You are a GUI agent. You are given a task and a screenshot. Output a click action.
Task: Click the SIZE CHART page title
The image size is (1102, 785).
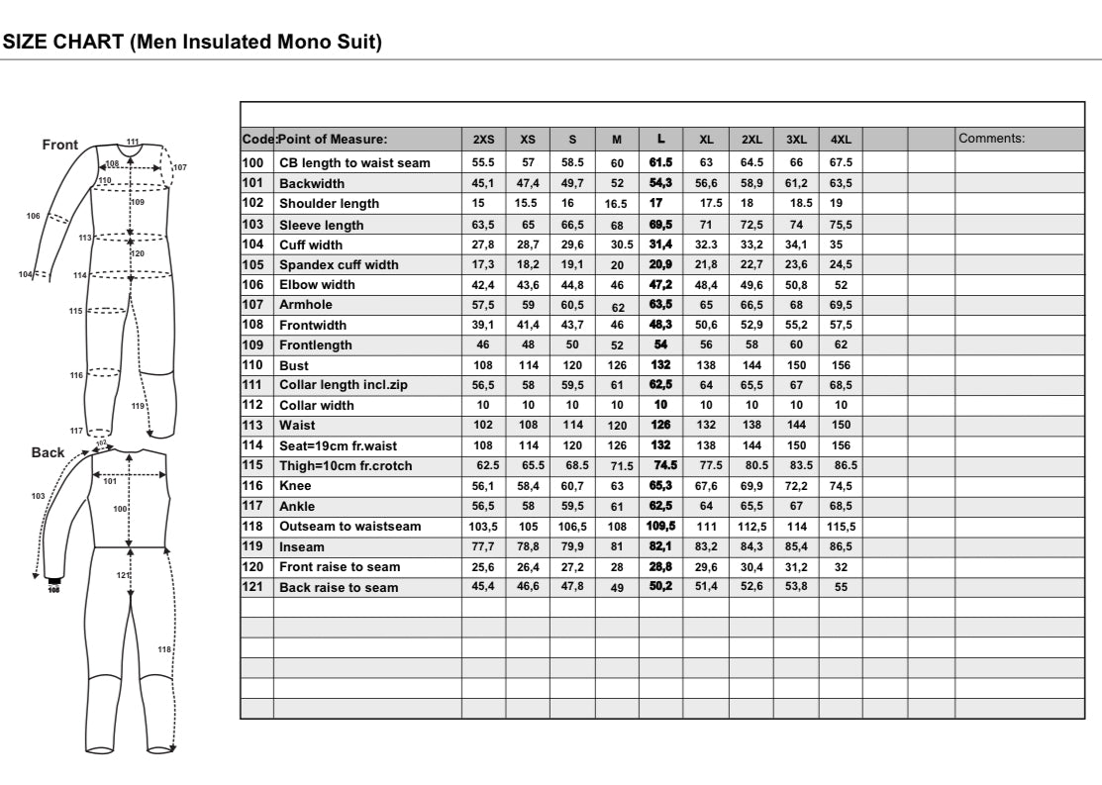[x=192, y=43]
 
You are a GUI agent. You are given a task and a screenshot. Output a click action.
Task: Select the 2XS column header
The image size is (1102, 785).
[x=483, y=140]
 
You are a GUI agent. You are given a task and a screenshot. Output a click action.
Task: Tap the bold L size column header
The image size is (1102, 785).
[x=660, y=139]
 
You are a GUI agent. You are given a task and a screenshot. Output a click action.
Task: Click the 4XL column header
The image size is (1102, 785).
[x=841, y=140]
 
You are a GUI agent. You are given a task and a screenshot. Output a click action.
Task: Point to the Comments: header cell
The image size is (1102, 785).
[x=991, y=139]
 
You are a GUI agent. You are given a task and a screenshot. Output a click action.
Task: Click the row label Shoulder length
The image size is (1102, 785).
[x=329, y=204]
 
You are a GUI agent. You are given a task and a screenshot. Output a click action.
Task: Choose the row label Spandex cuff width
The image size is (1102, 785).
[x=339, y=264]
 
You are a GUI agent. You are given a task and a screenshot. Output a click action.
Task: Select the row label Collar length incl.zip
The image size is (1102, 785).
[x=343, y=385]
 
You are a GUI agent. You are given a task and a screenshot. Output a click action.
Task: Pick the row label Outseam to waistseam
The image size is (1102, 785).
[x=350, y=527]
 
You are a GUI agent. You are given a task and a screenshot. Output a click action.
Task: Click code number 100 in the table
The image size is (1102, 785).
[x=252, y=162]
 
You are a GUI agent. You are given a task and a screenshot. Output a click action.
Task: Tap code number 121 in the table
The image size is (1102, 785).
[x=252, y=587]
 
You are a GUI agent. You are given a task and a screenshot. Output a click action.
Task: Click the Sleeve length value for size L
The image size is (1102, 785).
[x=660, y=225]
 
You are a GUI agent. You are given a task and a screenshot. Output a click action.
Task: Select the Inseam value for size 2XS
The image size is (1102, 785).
[x=483, y=546]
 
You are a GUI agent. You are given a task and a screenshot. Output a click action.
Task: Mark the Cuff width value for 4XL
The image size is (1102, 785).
[x=837, y=245]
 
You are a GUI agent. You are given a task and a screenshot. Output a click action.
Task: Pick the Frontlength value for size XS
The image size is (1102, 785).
[x=528, y=345]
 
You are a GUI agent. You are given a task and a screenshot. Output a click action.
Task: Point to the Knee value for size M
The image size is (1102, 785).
[x=617, y=486]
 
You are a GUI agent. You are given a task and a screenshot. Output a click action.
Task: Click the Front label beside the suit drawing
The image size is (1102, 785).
[x=59, y=145]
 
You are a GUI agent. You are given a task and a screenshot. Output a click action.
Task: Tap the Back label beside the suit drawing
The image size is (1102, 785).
[x=48, y=451]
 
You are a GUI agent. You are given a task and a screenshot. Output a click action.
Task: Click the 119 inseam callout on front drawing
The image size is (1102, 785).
[x=138, y=405]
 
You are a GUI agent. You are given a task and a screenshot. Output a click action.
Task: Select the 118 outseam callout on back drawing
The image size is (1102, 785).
[x=164, y=648]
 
